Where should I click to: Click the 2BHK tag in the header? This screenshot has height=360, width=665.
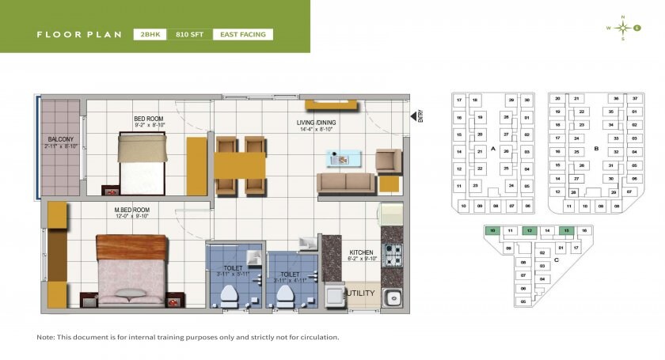(x=150, y=34)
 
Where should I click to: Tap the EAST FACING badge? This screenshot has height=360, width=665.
(x=243, y=34)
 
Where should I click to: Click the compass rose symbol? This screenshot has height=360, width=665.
(x=623, y=28)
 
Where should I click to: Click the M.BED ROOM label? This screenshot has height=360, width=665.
(x=131, y=210)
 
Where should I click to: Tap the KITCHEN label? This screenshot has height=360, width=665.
(x=362, y=253)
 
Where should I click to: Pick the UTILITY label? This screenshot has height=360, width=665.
(x=360, y=293)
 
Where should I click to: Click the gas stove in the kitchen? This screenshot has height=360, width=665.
(x=392, y=255)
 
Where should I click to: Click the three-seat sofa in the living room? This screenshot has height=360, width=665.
(x=345, y=184)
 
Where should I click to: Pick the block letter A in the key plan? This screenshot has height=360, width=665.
(x=493, y=149)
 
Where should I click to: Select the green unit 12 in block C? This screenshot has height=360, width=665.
(x=529, y=230)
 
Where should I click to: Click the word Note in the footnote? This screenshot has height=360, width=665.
(x=46, y=337)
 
